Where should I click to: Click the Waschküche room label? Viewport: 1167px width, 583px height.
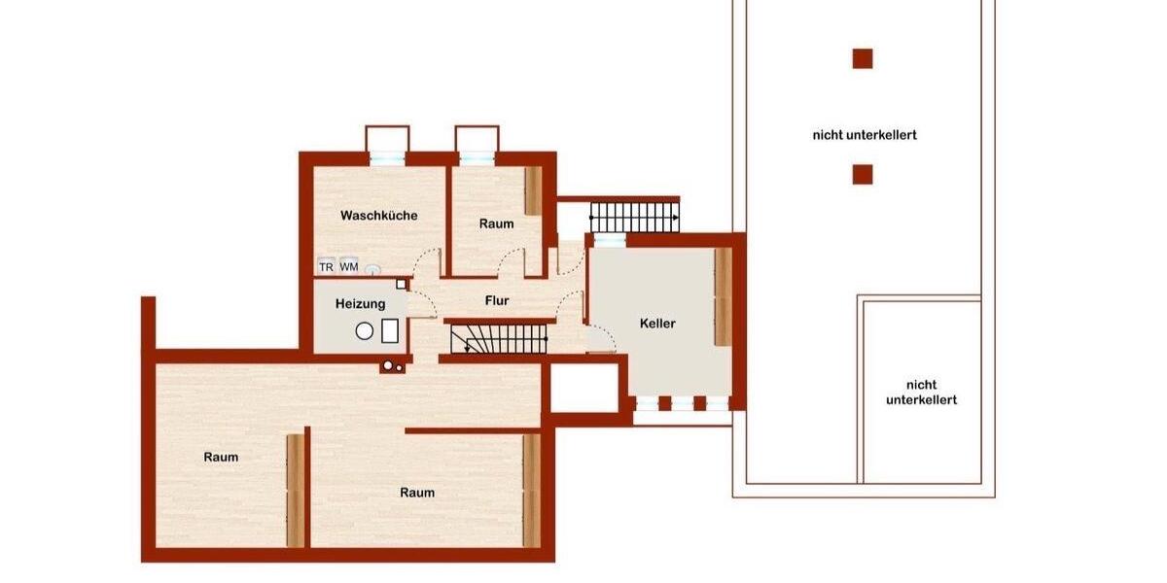click(x=379, y=216)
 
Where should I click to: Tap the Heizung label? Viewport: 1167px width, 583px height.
click(x=361, y=304)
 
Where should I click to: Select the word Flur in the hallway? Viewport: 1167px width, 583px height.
click(x=497, y=301)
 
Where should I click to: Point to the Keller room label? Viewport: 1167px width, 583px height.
click(x=657, y=324)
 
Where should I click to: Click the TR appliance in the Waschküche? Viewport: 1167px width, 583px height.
click(x=327, y=267)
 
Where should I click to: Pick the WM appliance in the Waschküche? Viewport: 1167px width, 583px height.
click(x=349, y=267)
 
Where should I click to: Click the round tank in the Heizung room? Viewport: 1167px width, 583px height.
click(x=365, y=330)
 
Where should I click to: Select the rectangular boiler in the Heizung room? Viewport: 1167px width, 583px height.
click(x=391, y=330)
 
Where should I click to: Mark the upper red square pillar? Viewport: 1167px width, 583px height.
click(x=863, y=58)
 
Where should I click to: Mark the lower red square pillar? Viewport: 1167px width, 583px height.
click(x=863, y=175)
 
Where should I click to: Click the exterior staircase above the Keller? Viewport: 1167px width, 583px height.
click(x=635, y=216)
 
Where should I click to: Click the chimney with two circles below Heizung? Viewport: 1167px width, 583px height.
click(x=393, y=366)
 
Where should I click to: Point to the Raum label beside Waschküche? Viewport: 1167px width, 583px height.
click(x=496, y=224)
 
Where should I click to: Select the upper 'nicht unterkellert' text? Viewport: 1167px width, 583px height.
click(x=865, y=136)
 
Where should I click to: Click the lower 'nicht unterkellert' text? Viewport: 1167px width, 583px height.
click(x=921, y=392)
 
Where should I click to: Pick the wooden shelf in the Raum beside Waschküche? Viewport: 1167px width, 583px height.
click(x=533, y=190)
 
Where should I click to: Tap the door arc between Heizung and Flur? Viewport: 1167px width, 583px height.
click(x=423, y=304)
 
